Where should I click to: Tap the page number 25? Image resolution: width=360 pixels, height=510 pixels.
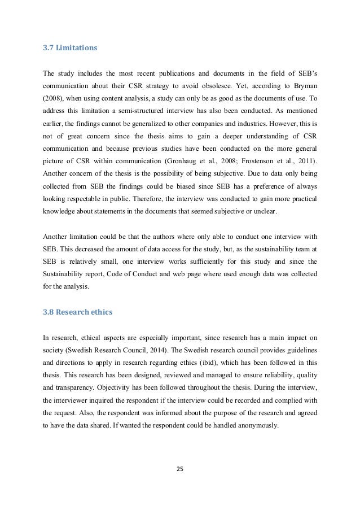(180, 468)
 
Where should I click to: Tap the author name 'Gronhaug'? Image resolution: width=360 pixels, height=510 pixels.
(218, 151)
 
